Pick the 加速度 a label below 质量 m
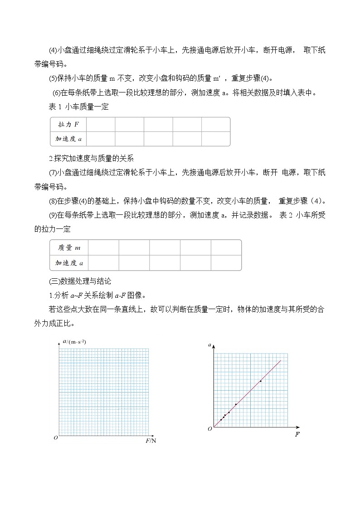[69, 262]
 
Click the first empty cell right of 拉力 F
[101, 124]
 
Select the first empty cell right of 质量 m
[103, 247]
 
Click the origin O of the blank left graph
[55, 438]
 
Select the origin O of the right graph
[209, 429]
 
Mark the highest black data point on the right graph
[260, 381]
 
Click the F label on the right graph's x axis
[297, 434]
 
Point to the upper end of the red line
[281, 361]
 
